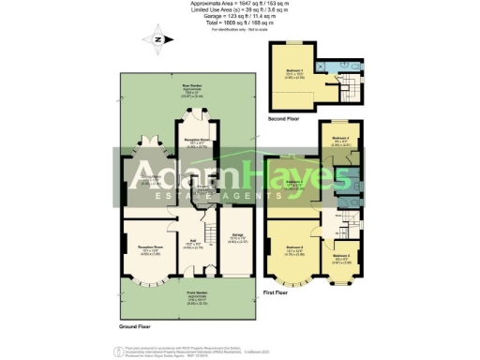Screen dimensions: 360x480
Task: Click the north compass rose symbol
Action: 156,38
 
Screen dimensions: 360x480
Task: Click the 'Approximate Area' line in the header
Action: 239,4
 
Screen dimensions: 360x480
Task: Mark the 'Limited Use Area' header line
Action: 239,10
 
